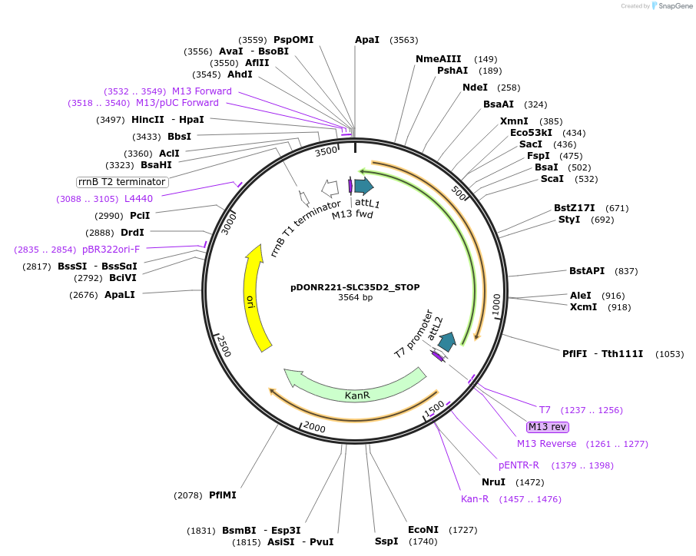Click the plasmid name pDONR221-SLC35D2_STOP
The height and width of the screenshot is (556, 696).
pos(355,287)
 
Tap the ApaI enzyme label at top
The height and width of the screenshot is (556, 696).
pos(366,39)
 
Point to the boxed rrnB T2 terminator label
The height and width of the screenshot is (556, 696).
pos(122,182)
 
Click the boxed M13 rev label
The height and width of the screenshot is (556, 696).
pos(547,427)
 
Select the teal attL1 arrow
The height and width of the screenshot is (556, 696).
pos(363,186)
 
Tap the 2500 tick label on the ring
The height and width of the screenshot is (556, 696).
pos(224,346)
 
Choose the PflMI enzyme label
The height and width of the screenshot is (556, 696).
pos(223,495)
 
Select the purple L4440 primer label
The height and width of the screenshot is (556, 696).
pos(139,199)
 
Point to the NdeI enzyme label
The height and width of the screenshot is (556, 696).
pos(475,88)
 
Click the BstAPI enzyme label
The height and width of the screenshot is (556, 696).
pos(587,271)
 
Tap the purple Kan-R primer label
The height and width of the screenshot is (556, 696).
pos(475,499)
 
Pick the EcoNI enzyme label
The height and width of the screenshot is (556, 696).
pos(423,530)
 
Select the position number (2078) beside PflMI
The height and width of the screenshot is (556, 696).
pos(189,495)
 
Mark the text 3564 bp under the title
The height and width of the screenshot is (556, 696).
pos(355,298)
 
